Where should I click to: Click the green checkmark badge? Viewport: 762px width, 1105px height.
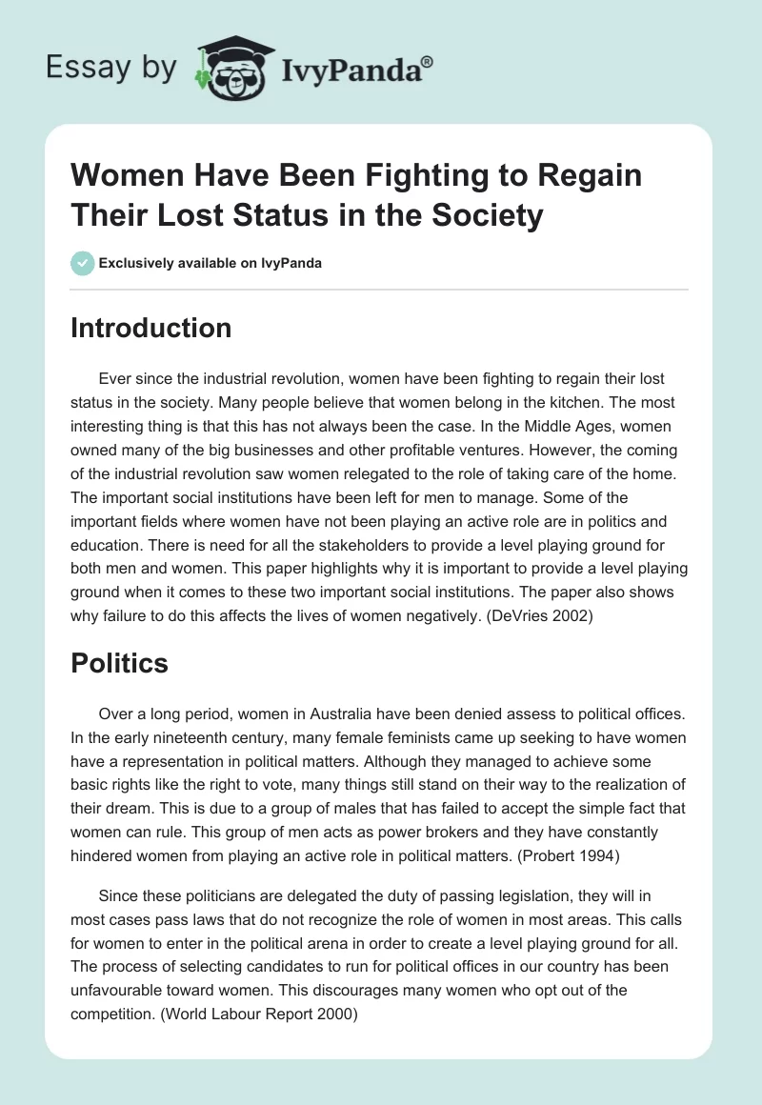point(83,263)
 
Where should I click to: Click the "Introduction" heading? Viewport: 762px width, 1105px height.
point(151,328)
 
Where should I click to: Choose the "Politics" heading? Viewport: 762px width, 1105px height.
point(119,663)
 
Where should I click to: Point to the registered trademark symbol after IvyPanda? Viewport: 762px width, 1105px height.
point(428,60)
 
